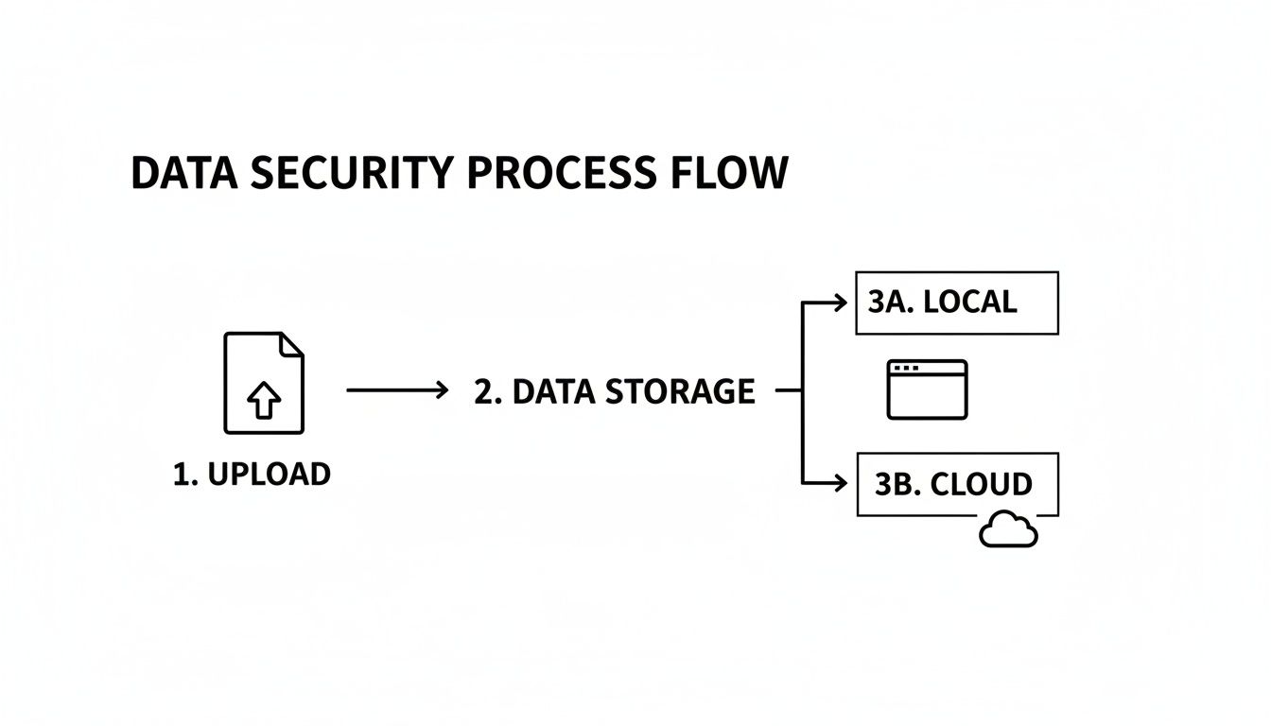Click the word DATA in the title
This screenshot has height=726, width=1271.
[183, 174]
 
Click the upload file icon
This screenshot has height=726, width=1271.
[264, 383]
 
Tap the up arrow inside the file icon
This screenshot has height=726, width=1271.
[264, 402]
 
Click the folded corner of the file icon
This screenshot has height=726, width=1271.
[293, 343]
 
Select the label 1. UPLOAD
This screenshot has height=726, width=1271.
[252, 474]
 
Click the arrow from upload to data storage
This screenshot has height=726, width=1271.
[397, 389]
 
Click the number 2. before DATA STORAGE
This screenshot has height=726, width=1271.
[487, 391]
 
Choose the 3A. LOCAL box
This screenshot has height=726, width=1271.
[956, 302]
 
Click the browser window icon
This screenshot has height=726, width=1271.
[927, 389]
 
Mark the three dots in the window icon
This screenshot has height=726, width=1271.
[905, 368]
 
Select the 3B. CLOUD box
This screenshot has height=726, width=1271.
[956, 484]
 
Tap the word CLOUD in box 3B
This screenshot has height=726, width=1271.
[981, 484]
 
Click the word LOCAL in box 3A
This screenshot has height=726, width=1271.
[969, 302]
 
